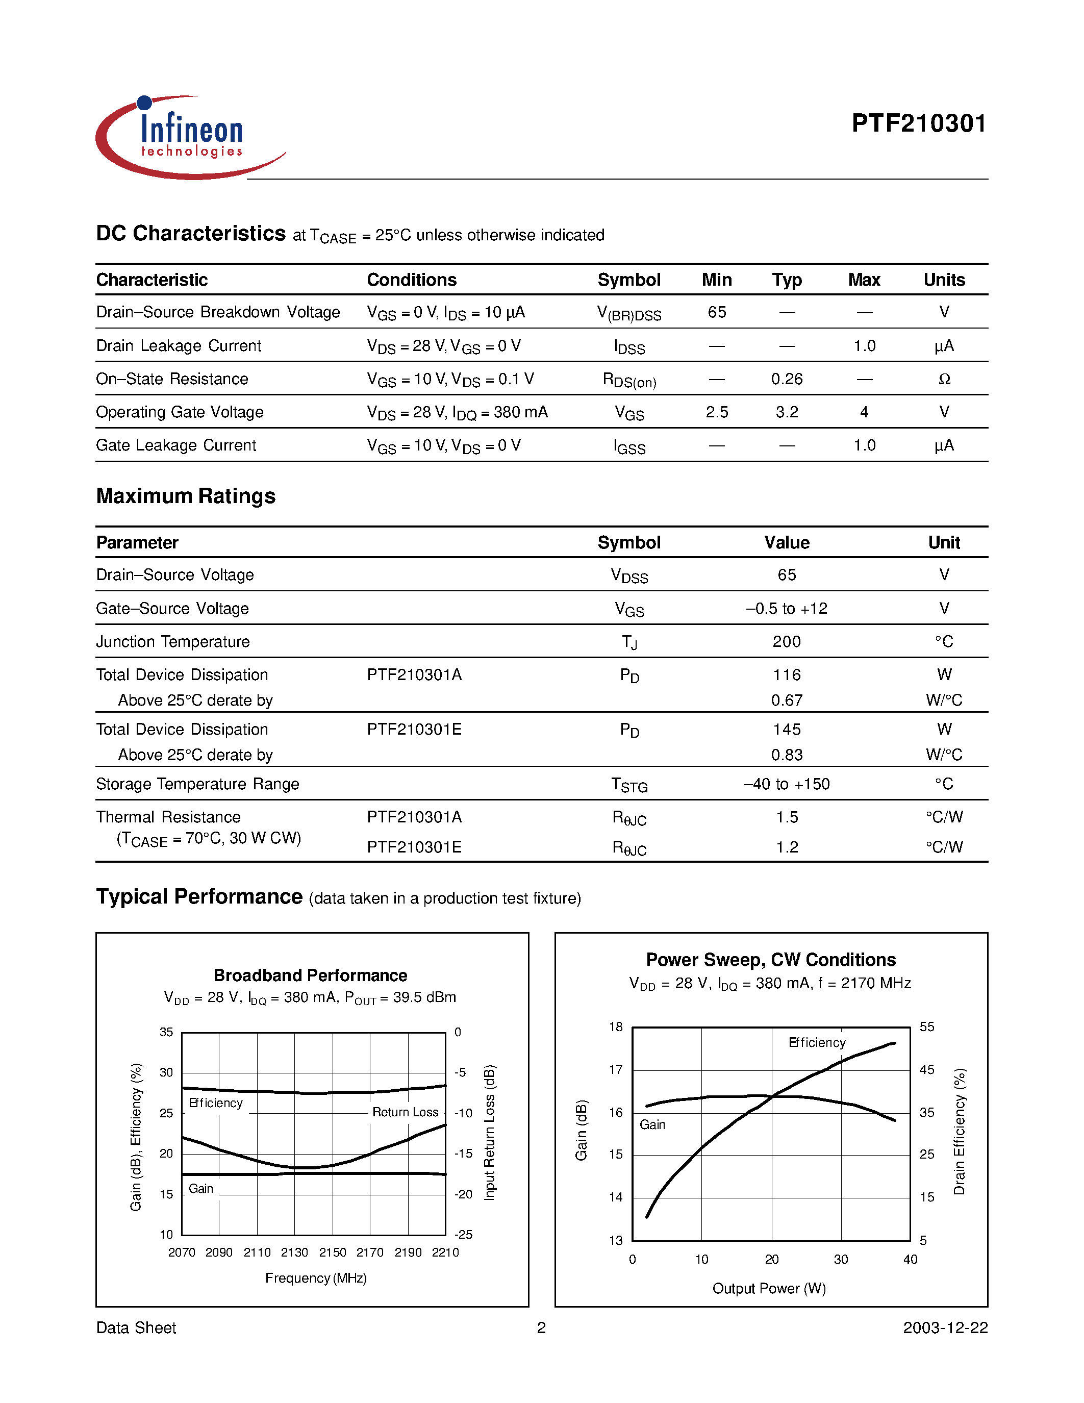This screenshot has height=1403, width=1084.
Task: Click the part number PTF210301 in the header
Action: (918, 123)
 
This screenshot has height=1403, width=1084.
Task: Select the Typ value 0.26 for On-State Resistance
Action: (787, 379)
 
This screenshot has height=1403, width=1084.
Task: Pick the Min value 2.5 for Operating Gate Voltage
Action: (717, 412)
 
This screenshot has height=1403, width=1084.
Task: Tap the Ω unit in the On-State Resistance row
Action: (943, 380)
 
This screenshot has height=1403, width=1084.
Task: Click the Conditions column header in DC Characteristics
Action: (411, 280)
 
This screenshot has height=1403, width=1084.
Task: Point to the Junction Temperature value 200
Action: (787, 642)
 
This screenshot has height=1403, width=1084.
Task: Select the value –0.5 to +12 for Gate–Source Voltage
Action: (787, 608)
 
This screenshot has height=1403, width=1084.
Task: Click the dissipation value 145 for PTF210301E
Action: (787, 730)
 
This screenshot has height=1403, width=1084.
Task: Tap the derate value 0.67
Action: (787, 700)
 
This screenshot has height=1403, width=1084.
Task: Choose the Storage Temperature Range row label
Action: (197, 784)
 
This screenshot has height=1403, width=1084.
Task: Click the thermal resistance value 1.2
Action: (787, 847)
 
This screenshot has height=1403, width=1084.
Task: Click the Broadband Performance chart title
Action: (310, 975)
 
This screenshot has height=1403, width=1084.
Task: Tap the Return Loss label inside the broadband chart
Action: (405, 1112)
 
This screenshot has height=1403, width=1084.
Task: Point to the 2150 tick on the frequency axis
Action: (332, 1252)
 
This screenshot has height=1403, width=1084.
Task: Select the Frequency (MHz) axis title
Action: (315, 1279)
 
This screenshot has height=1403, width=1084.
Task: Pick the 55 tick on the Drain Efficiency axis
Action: (927, 1027)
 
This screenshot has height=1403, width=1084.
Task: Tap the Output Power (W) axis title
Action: (769, 1289)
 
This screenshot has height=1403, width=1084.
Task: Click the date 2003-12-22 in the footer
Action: (945, 1328)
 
